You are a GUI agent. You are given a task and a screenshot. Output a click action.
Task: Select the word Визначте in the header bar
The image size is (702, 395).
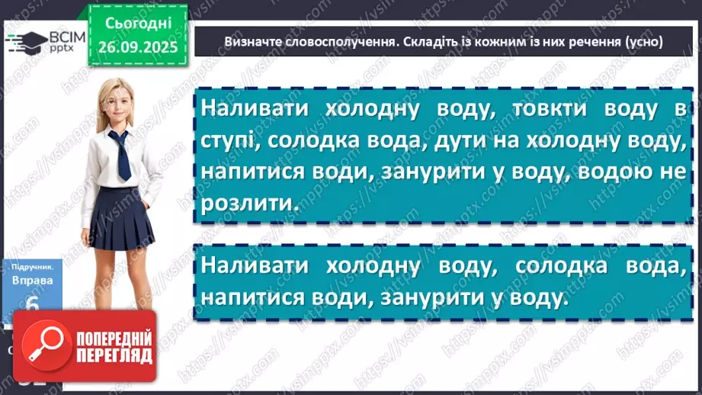253,41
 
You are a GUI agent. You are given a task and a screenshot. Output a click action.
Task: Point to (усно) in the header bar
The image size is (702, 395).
643,41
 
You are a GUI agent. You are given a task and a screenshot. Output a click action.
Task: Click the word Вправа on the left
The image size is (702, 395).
27,280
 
